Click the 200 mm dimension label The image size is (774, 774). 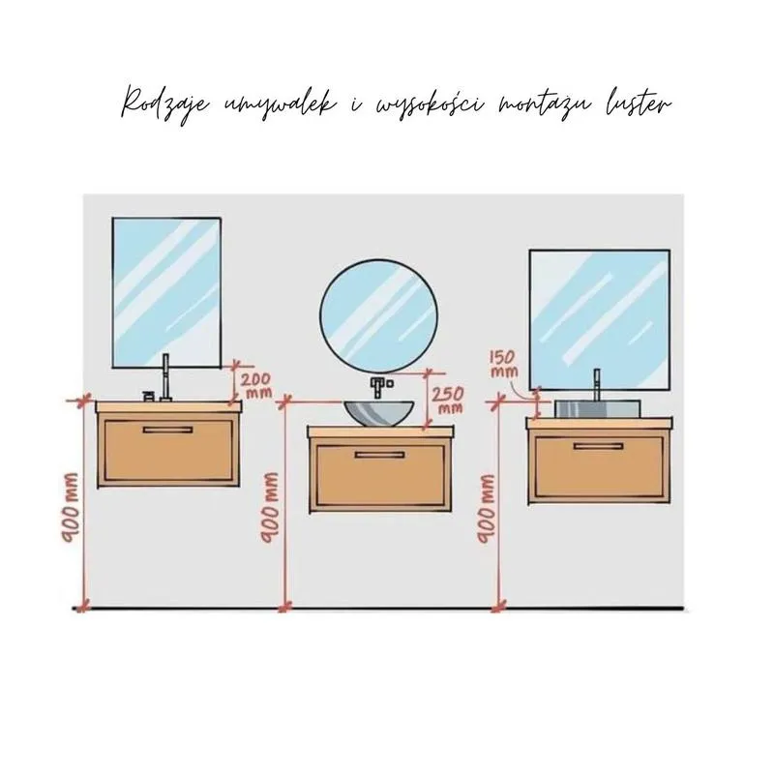[255, 385]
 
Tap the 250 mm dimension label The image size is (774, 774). [448, 400]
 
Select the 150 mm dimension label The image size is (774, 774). [504, 364]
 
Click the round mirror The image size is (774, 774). [378, 316]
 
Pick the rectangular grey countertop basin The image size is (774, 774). [597, 409]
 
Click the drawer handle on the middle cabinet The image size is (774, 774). [379, 455]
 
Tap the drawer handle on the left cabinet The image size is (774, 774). [167, 430]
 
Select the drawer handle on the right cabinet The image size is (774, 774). [598, 446]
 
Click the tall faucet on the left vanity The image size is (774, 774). [164, 377]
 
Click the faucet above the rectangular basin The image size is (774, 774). [597, 385]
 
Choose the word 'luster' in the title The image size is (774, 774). [639, 104]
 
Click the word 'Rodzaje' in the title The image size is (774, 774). [165, 104]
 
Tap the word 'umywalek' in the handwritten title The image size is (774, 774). [280, 104]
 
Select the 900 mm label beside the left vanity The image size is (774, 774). [71, 508]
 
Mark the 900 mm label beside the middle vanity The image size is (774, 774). [270, 508]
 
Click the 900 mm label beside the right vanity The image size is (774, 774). [487, 509]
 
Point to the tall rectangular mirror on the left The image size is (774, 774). [166, 293]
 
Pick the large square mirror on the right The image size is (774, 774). [600, 320]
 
